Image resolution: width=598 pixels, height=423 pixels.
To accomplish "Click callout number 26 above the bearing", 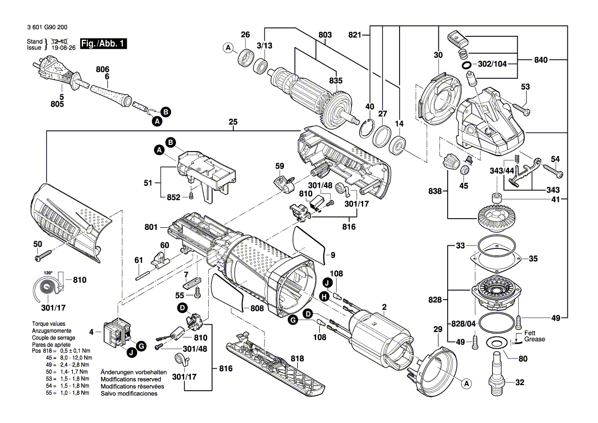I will (246, 35).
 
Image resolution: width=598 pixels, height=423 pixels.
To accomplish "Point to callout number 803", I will (325, 35).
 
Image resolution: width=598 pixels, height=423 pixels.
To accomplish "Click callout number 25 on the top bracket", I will (233, 122).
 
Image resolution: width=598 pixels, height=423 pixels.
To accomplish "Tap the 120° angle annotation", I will (48, 273).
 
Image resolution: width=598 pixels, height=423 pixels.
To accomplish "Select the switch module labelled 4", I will (116, 333).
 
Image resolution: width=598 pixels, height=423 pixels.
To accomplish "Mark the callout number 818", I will (297, 359).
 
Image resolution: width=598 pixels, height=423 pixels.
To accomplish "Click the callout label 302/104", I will (493, 66).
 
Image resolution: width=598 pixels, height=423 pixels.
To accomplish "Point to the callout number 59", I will (279, 166).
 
